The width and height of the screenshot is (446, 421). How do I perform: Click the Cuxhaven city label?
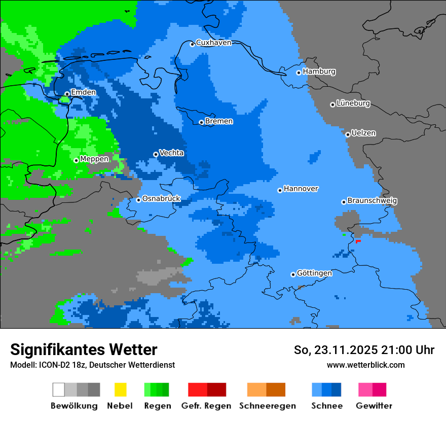(x=213, y=43)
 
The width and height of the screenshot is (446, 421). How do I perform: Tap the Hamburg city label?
(x=319, y=72)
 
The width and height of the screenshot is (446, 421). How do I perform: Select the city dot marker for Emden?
(x=67, y=93)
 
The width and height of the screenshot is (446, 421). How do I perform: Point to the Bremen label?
(x=219, y=121)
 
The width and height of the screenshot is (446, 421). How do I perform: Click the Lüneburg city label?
(x=353, y=103)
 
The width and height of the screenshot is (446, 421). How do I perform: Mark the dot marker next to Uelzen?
(x=348, y=134)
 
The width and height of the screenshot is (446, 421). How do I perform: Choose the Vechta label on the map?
(x=171, y=153)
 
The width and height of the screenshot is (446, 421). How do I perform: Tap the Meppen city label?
(x=94, y=159)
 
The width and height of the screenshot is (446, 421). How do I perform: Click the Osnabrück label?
(x=161, y=198)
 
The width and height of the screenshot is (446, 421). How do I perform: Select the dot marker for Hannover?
(x=280, y=190)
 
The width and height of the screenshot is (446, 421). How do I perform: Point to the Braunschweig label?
(x=372, y=200)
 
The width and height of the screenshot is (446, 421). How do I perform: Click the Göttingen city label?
(x=314, y=273)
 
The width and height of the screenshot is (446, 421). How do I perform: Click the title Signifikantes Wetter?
(x=84, y=349)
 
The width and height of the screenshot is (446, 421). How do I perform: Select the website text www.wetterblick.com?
(x=365, y=365)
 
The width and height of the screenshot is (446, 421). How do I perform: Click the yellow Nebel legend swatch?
(x=120, y=390)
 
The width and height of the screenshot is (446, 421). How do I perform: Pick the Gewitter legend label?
(x=374, y=406)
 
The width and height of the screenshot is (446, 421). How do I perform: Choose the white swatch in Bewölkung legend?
(x=59, y=390)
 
